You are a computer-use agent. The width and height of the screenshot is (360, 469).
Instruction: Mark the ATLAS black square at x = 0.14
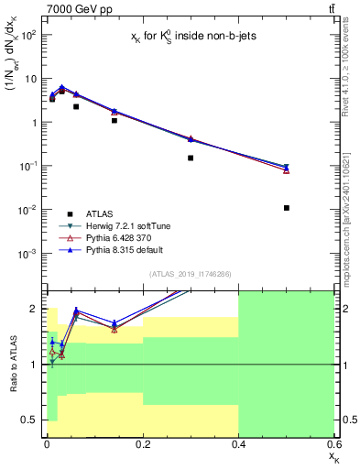[x=115, y=120]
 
